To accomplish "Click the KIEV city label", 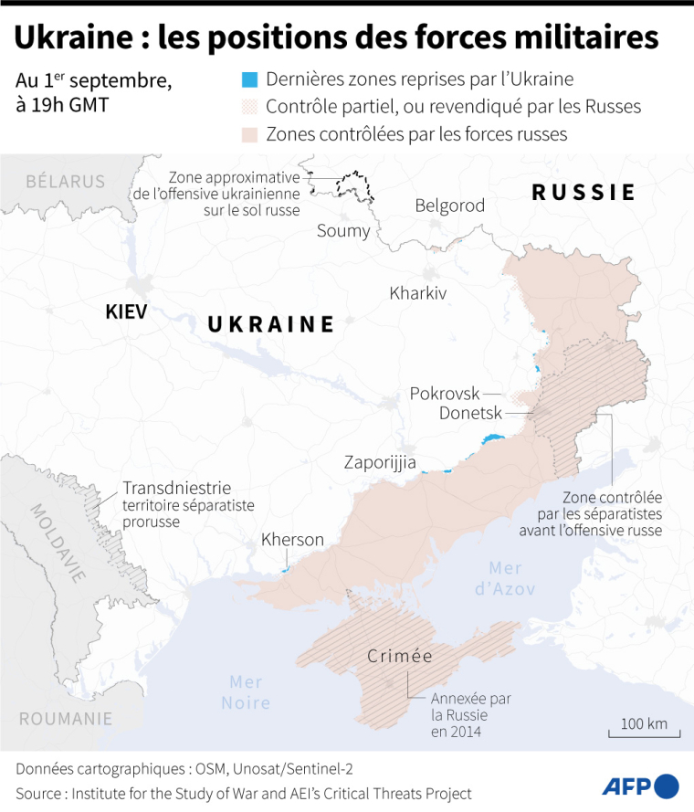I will click(126, 311).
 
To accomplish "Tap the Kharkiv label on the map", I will click(417, 293).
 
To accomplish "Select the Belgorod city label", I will click(450, 206).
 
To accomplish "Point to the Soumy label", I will click(343, 230).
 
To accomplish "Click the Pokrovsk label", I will click(445, 393).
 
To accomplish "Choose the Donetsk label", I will click(470, 414).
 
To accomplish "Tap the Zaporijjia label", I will click(380, 462).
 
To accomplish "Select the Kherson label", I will click(292, 540).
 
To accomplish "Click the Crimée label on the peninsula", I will click(400, 656).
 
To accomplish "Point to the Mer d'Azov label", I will click(505, 578).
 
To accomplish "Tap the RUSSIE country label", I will click(584, 192).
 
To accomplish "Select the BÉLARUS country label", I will click(65, 181).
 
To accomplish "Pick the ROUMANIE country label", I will click(66, 719).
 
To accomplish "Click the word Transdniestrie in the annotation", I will click(176, 488).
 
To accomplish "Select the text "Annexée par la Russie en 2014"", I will click(470, 714).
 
